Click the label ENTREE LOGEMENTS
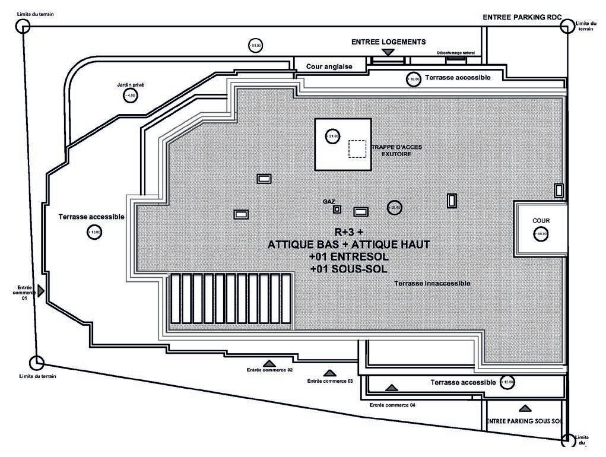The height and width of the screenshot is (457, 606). click(x=388, y=42)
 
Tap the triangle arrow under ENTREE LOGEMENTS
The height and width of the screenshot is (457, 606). click(x=388, y=53)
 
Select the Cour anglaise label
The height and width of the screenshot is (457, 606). click(x=329, y=66)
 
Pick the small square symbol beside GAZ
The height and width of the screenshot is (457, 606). click(x=337, y=209)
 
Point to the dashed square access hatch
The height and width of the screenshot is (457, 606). click(x=357, y=148)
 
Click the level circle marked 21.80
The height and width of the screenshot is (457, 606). click(x=332, y=137)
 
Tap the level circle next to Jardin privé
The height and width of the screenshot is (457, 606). click(x=131, y=96)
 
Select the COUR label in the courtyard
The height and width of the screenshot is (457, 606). click(x=541, y=221)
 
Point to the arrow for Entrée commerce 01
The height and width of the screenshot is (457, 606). click(x=41, y=290)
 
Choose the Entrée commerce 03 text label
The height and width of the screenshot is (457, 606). click(x=330, y=381)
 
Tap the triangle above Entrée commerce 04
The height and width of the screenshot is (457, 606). click(x=391, y=388)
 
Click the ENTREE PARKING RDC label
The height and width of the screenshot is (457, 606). click(x=522, y=18)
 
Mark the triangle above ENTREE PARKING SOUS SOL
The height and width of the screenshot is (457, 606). click(x=525, y=408)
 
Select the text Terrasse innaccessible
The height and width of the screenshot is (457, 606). click(x=432, y=284)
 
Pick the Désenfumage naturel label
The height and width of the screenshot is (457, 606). click(x=456, y=53)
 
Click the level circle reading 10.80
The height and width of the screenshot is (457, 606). click(x=414, y=79)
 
